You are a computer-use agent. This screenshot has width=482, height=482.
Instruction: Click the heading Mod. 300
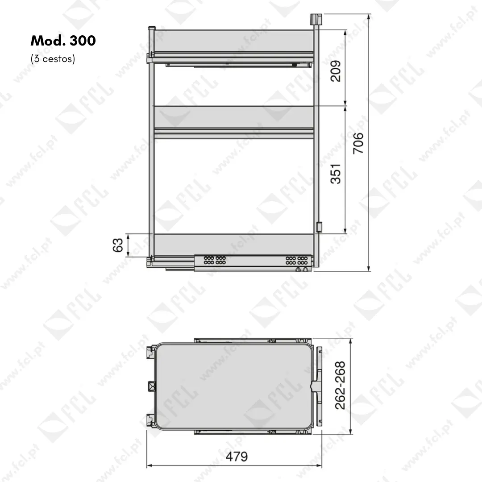63,41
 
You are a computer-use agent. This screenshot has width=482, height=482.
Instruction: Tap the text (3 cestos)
53,58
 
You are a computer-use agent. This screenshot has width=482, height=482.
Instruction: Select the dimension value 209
336,71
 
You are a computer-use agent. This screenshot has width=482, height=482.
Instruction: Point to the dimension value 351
336,174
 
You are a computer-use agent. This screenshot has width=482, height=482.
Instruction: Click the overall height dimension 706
358,143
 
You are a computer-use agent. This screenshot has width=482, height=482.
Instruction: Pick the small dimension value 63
118,245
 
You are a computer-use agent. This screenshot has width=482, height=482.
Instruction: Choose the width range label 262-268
340,386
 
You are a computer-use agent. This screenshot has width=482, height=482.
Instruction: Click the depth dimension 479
237,457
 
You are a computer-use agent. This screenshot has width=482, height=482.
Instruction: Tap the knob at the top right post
316,20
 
